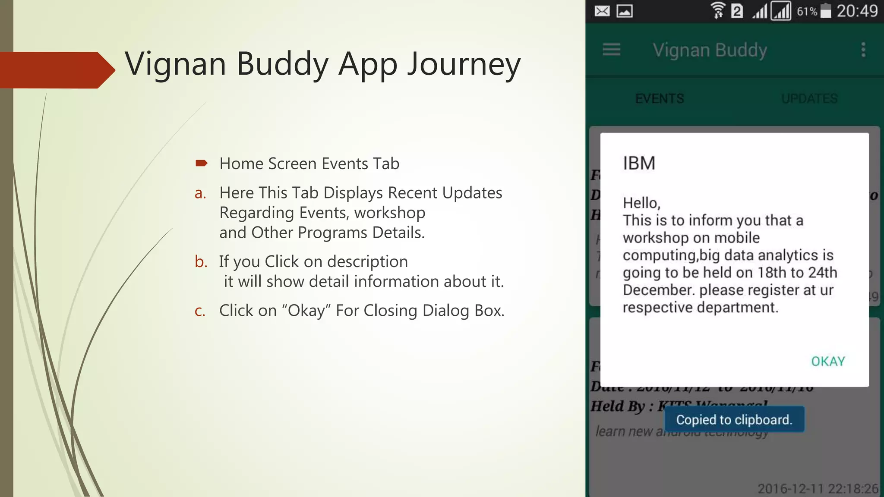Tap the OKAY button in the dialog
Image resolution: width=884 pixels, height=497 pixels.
click(x=828, y=361)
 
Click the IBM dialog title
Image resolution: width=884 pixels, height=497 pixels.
click(x=639, y=164)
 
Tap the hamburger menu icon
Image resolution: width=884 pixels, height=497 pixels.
click(x=611, y=50)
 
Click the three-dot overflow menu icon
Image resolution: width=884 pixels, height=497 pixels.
click(x=863, y=50)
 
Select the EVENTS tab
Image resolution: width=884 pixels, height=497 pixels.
click(x=660, y=99)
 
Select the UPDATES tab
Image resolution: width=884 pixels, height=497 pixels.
click(x=809, y=99)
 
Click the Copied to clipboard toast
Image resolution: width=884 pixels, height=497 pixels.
click(x=734, y=419)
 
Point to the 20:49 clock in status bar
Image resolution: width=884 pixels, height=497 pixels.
click(x=857, y=11)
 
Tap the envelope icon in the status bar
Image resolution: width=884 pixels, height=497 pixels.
click(x=602, y=11)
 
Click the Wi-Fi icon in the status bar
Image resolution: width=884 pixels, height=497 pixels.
click(x=718, y=11)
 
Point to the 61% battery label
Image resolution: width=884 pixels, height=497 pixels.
click(x=807, y=12)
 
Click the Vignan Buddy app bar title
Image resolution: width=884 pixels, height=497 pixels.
click(x=710, y=50)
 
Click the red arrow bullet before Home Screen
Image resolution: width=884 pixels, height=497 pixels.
click(x=201, y=163)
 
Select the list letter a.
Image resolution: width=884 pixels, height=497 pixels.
click(x=200, y=193)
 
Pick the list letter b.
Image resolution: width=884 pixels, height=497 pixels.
click(x=201, y=261)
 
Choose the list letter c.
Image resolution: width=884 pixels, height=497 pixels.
click(x=200, y=311)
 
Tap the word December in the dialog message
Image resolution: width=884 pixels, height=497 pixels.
click(x=659, y=290)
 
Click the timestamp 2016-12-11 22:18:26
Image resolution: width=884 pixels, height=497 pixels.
click(x=818, y=488)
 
